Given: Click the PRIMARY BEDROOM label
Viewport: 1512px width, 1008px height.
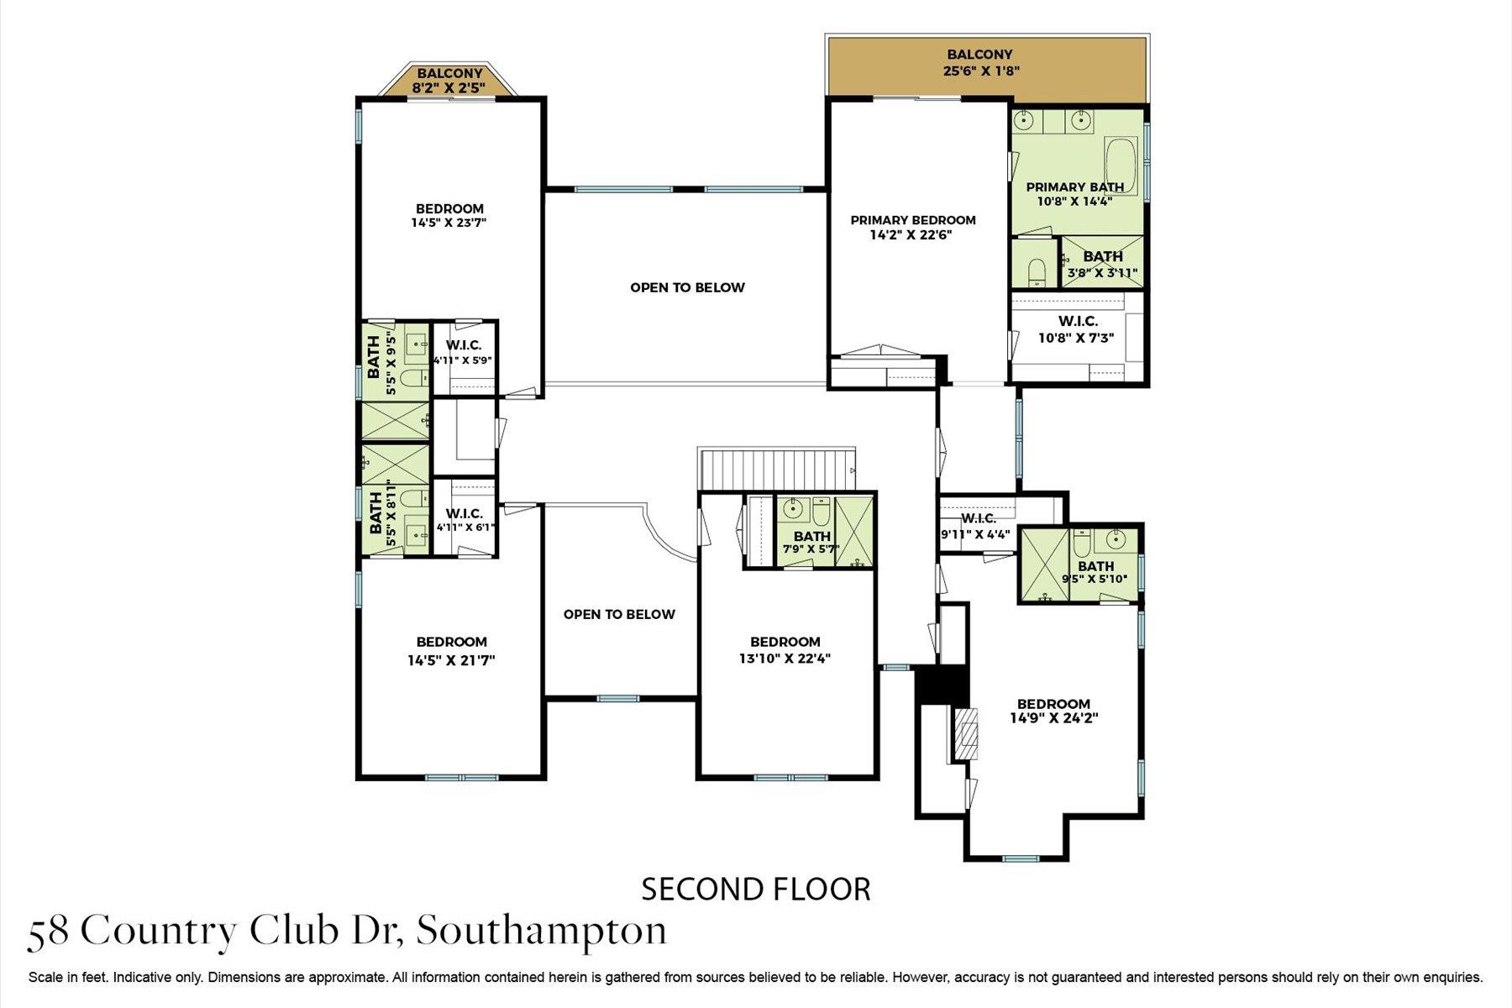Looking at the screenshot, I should [913, 220].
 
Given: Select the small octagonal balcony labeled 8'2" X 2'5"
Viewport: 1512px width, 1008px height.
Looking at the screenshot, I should [449, 81].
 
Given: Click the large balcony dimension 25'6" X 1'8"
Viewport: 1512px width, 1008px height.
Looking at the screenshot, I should [981, 71].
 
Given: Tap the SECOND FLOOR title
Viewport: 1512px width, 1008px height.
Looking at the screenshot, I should [756, 889].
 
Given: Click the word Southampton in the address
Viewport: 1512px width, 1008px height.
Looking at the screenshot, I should [542, 931].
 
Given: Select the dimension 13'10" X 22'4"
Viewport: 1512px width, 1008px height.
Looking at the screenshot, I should [785, 659].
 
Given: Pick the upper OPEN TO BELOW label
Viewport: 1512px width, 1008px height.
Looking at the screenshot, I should [687, 287].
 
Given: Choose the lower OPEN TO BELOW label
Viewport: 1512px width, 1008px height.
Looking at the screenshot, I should [619, 614].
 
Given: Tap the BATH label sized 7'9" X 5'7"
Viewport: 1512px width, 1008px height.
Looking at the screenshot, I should [811, 536].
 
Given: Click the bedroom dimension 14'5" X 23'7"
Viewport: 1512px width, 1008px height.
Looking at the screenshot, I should [449, 223].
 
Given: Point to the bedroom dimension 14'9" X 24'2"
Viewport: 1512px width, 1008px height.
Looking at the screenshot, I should [1053, 718].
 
